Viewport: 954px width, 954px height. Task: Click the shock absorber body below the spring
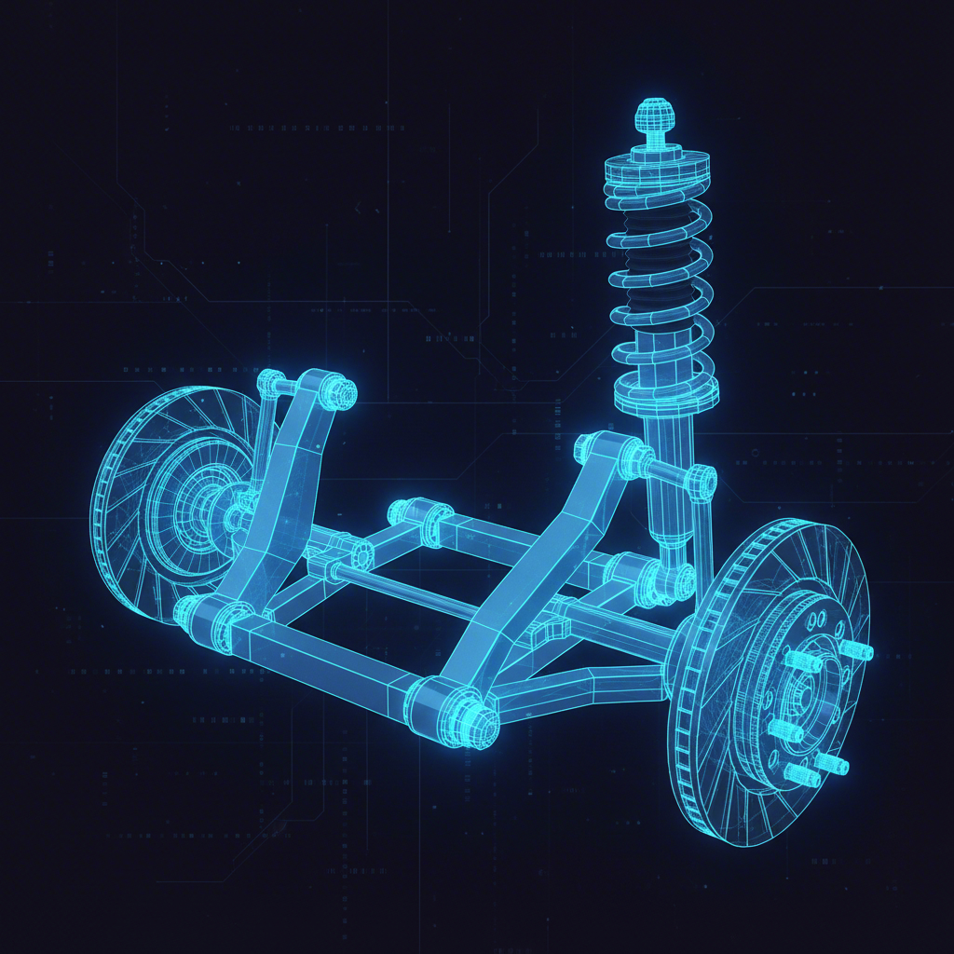click(x=669, y=484)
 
